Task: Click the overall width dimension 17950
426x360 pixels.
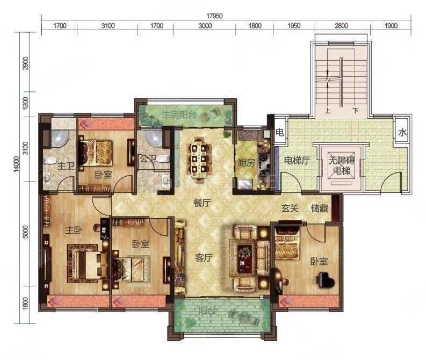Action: [214, 16]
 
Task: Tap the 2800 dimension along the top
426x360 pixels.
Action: [341, 26]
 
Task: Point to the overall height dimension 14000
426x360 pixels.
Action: [17, 163]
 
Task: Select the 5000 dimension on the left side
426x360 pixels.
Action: [25, 232]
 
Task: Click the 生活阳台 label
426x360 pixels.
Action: [179, 114]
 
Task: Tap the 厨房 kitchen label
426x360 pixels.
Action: [247, 162]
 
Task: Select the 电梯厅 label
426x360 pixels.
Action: [297, 160]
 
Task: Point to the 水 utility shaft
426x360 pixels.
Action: [402, 133]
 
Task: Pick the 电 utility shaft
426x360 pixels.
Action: [280, 132]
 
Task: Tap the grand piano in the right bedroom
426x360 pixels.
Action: [325, 281]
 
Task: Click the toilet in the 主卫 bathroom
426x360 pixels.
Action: [49, 161]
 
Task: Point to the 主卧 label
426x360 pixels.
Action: [74, 231]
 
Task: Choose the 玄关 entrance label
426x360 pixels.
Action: [290, 208]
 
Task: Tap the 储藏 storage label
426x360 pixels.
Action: [320, 208]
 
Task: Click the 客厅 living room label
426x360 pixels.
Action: [204, 257]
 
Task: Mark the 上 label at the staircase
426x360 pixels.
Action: [328, 111]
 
